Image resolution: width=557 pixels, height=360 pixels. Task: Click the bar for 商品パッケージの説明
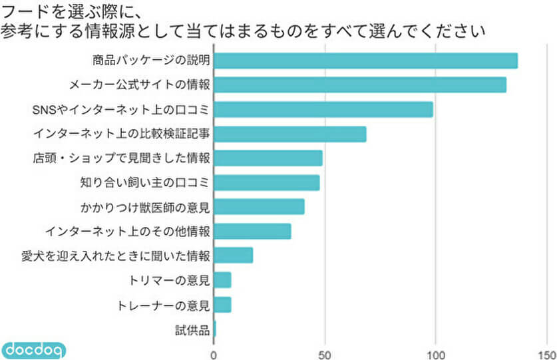(365, 61)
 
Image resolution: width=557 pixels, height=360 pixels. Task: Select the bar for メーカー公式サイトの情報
(360, 85)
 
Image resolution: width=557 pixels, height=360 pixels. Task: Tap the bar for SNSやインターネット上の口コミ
(323, 109)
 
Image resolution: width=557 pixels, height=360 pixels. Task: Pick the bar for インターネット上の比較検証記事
(290, 134)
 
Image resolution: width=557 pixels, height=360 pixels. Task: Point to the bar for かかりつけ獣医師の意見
(259, 207)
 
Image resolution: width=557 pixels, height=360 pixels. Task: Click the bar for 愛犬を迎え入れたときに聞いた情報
(234, 256)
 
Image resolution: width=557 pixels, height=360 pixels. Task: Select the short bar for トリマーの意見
(222, 280)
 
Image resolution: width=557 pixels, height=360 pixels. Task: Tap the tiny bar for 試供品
(215, 329)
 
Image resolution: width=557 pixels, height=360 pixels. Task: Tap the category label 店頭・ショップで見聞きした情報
(122, 158)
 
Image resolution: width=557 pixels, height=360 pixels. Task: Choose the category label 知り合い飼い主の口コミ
(144, 182)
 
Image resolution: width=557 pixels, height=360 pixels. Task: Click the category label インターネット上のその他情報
(128, 232)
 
